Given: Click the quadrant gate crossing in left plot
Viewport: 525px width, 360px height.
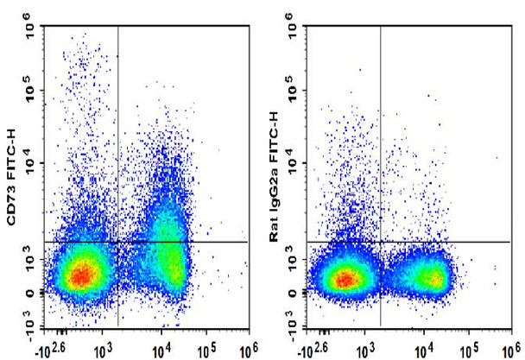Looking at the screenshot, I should [117, 243].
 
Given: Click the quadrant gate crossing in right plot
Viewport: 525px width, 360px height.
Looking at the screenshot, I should [381, 243].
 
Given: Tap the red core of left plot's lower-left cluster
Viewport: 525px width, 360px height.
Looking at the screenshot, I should [80, 275].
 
